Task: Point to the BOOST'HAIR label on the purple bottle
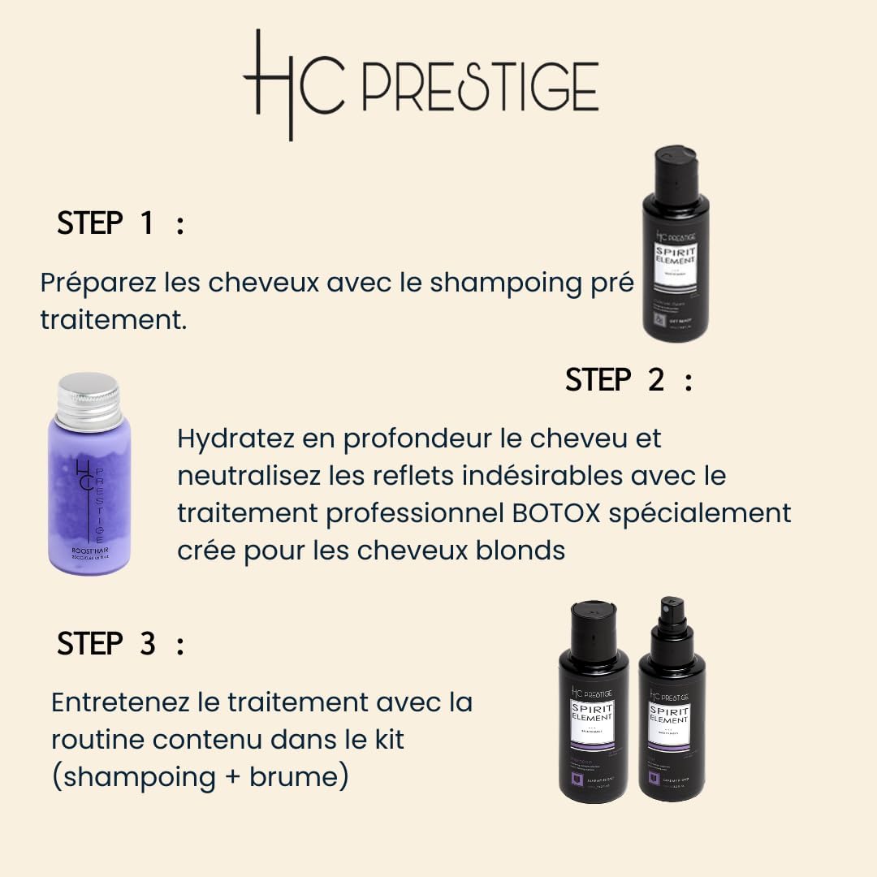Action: pos(90,549)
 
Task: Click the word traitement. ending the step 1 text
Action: pos(113,320)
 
